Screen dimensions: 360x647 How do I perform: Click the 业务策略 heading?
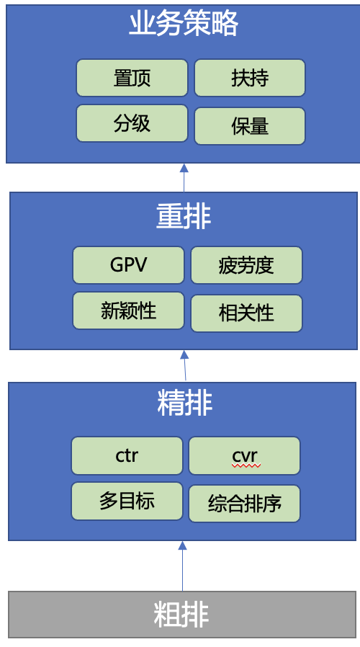coord(184,24)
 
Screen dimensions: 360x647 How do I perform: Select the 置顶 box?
coord(132,78)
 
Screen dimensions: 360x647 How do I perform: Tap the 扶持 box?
coord(250,78)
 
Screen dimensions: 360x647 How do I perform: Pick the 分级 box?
coord(132,123)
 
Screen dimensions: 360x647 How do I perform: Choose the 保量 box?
coord(250,126)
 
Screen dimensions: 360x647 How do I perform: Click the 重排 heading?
coord(184,217)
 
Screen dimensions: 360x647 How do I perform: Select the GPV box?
coord(129,265)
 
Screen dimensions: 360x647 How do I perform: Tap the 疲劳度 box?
coord(246,265)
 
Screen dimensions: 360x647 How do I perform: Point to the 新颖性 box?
coord(129,311)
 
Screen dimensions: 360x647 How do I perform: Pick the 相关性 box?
coord(246,313)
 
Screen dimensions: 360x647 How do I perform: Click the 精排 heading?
coord(184,403)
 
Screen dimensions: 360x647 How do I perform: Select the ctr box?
coord(127,455)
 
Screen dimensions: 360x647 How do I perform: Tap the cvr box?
coord(245,455)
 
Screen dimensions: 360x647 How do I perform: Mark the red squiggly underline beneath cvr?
coord(246,466)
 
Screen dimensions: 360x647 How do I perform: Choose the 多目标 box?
coord(127,501)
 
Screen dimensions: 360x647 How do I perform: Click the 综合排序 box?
coord(245,504)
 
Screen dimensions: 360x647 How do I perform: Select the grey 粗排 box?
coord(182,615)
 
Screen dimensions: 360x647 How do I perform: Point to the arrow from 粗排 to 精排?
coord(182,566)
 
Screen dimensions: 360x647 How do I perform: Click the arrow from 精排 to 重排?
coord(185,365)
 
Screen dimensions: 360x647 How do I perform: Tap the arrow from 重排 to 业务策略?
coord(184,178)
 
